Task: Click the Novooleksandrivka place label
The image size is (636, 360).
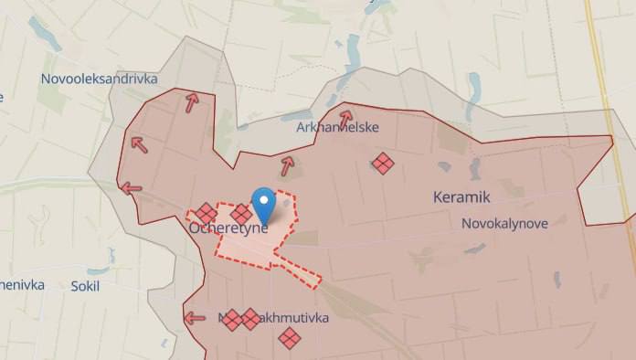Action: (99, 79)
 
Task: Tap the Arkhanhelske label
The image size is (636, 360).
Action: (337, 127)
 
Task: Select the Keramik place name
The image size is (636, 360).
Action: (461, 196)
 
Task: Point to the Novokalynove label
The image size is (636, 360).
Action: (504, 223)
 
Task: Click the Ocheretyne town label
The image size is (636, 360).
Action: (228, 228)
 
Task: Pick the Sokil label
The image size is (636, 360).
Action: (85, 285)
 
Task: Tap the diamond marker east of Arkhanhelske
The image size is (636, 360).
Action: (383, 164)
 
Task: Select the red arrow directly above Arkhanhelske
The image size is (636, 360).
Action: (345, 117)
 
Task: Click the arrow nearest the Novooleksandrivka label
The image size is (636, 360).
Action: (192, 102)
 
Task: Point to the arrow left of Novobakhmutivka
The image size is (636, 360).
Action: (194, 319)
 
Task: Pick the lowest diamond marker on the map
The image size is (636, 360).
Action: (290, 338)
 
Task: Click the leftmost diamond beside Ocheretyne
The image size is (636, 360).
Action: (207, 213)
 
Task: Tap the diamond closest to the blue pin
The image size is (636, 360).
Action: (241, 213)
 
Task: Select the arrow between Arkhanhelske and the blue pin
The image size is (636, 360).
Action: (287, 165)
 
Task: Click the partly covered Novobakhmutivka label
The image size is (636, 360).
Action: (274, 320)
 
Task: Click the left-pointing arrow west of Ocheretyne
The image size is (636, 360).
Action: (131, 188)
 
